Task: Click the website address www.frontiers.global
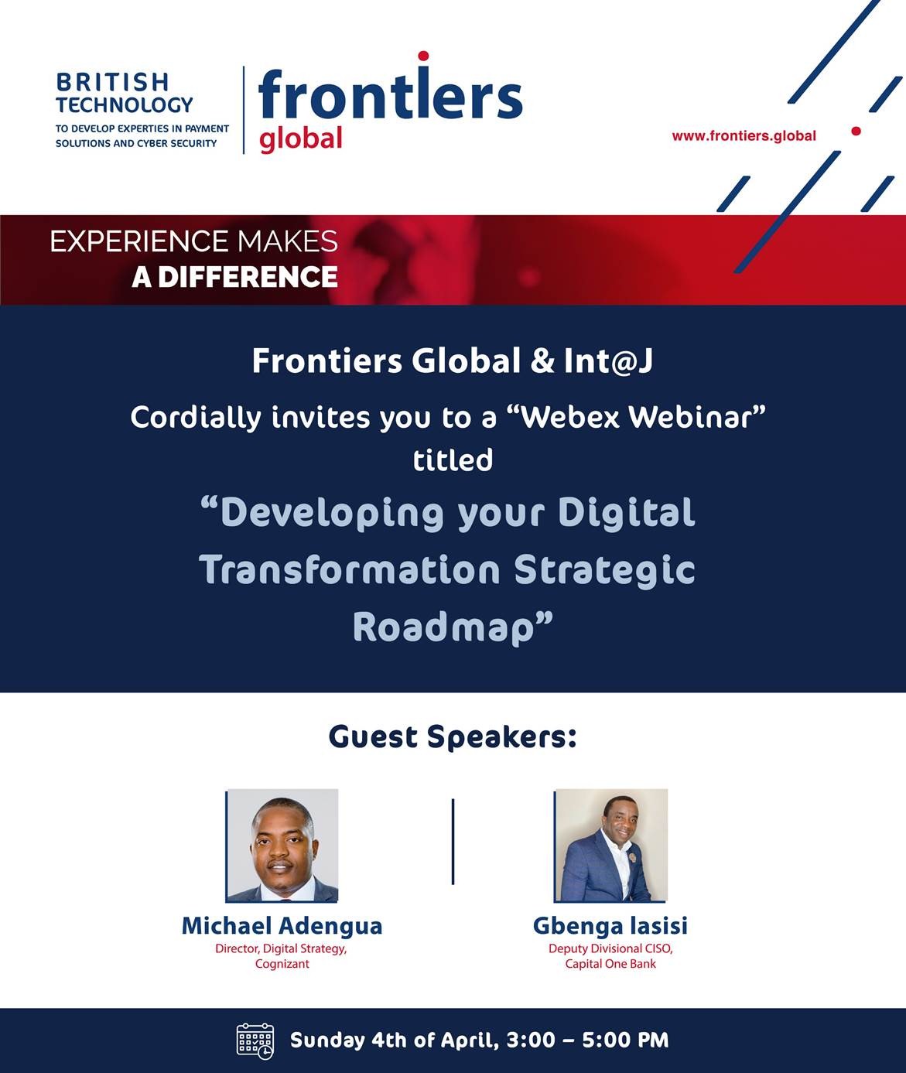744,136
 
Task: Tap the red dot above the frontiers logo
423,56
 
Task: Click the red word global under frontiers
301,138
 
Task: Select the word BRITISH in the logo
112,82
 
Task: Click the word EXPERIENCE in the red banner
138,241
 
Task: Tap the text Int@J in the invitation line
608,361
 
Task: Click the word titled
453,460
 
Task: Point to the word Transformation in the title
350,569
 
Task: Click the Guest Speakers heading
453,737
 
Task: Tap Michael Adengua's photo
282,846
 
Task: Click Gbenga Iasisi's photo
611,846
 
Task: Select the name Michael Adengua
282,926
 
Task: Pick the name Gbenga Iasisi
610,927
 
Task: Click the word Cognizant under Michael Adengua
282,964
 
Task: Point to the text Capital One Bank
610,964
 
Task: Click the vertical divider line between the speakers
453,842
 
